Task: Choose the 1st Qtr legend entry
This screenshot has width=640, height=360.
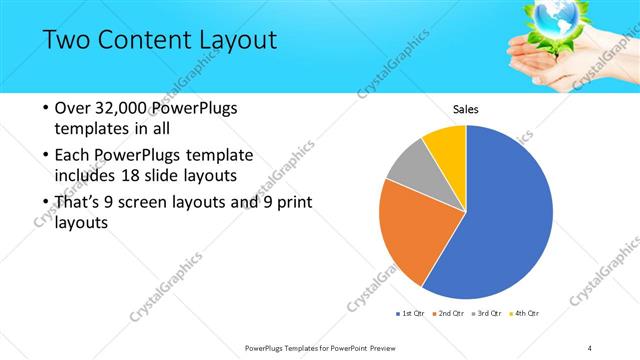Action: point(412,313)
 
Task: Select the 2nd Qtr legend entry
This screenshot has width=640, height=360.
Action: point(452,313)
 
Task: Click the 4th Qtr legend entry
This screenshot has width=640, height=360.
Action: point(525,313)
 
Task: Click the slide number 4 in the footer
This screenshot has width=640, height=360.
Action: point(590,347)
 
